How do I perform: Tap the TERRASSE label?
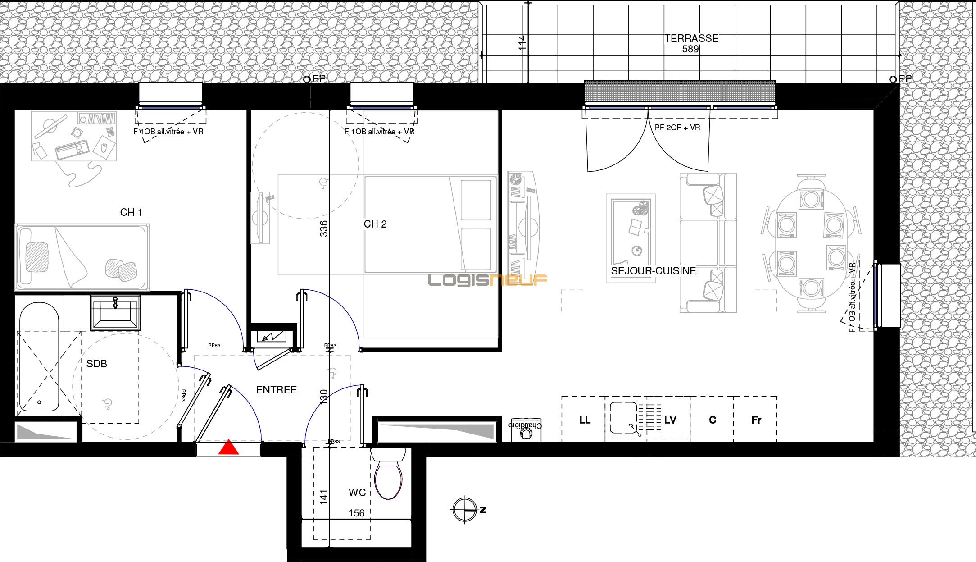(691, 39)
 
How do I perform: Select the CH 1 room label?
(131, 212)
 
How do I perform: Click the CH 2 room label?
(375, 224)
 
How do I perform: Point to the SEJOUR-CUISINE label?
(653, 271)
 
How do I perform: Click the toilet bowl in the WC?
(388, 480)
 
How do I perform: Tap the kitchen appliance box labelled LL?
(584, 420)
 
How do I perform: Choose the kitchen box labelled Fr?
(756, 420)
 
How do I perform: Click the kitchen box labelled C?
(712, 420)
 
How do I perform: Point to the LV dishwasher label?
(670, 420)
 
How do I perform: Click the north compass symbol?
(464, 510)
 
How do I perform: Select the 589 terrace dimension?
(690, 49)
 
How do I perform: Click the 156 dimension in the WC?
(356, 513)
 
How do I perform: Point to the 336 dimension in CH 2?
(323, 228)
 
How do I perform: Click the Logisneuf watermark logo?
(487, 280)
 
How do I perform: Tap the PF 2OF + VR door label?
(677, 128)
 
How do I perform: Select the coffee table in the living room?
(631, 238)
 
